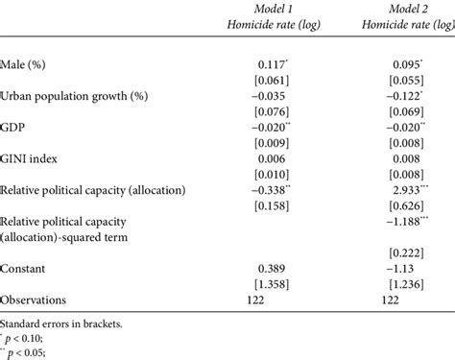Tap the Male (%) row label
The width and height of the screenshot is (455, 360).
(x=28, y=66)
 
